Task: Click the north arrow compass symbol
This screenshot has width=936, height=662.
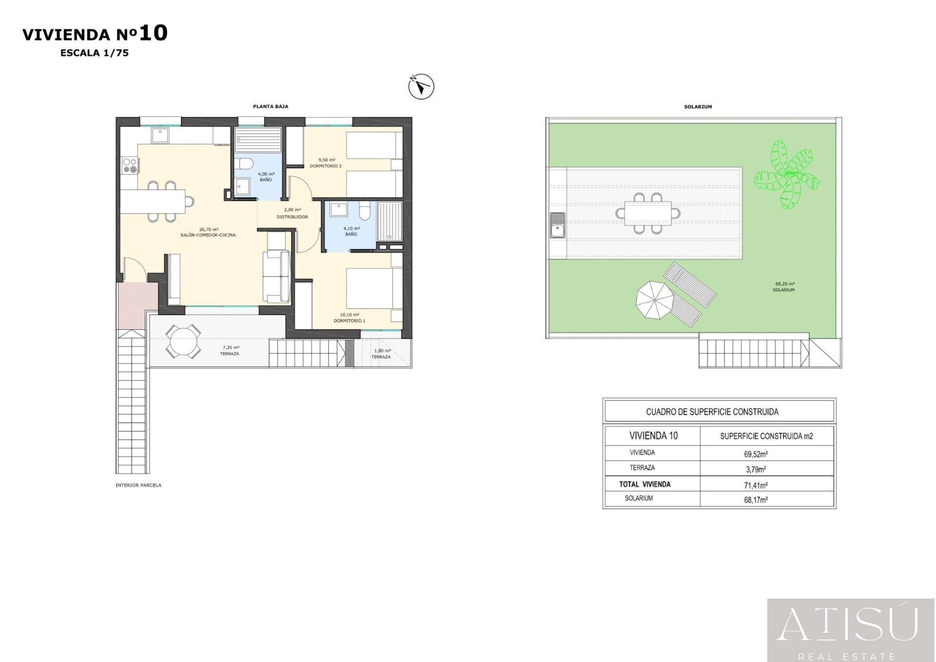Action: (x=421, y=87)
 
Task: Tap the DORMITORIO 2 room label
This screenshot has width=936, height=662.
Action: (x=326, y=166)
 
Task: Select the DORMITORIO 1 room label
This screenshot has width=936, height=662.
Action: (x=350, y=321)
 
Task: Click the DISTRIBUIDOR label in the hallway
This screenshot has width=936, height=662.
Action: (x=292, y=217)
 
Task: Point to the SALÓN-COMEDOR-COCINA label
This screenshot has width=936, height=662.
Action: (x=208, y=235)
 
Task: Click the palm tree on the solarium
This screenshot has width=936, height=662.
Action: (x=786, y=175)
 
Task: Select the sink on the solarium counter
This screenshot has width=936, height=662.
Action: (x=557, y=225)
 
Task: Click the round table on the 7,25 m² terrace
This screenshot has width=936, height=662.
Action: (x=183, y=341)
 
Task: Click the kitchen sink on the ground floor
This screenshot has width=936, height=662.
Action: (x=160, y=135)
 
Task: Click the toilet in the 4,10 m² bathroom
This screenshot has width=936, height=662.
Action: (x=365, y=212)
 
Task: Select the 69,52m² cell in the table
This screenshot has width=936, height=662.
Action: (x=756, y=454)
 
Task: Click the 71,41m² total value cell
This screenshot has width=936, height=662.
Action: (x=756, y=485)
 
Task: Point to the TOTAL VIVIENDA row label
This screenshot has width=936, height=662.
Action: (x=644, y=484)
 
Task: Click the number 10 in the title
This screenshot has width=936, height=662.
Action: (x=153, y=33)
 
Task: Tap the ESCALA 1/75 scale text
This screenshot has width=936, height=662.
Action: (x=95, y=53)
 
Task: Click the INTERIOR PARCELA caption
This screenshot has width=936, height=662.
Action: (x=138, y=485)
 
